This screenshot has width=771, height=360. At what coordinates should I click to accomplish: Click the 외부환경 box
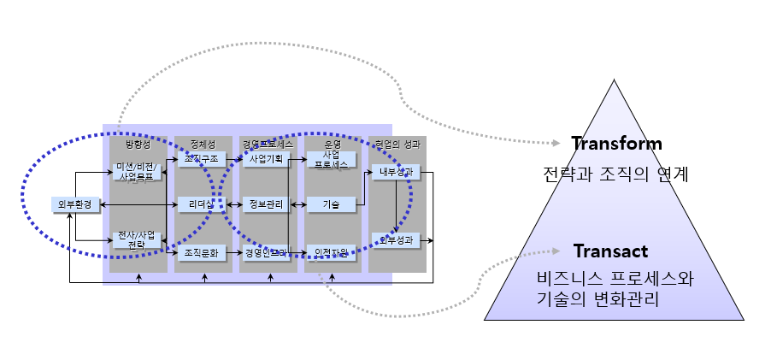[x=75, y=204]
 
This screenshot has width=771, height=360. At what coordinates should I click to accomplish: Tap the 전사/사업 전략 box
[x=137, y=240]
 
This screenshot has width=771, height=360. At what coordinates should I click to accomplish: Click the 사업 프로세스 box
[x=331, y=161]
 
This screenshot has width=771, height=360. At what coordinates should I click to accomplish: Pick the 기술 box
[x=331, y=204]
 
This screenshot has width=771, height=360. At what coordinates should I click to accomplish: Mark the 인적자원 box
[x=331, y=252]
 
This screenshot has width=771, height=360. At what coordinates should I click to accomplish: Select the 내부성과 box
[x=396, y=172]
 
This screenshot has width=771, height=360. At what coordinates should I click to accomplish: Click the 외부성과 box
[x=396, y=240]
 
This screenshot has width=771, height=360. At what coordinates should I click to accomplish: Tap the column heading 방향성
[x=137, y=144]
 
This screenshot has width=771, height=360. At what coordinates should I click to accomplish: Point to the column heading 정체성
[x=203, y=143]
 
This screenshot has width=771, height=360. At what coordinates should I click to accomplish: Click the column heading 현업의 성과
[x=397, y=143]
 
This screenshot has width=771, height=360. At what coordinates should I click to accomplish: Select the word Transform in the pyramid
[x=616, y=144]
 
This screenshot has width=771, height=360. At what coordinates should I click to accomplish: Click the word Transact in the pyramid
[x=610, y=251]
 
